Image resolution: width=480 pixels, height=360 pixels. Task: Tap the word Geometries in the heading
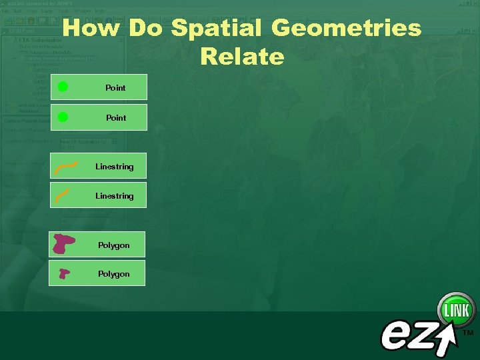[x=347, y=29]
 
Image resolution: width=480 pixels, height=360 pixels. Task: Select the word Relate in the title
[x=241, y=57]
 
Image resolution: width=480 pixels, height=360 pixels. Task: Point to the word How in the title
[x=91, y=29]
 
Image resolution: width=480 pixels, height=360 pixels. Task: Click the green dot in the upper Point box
[x=63, y=86]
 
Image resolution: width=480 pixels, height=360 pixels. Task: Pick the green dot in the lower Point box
[x=63, y=117]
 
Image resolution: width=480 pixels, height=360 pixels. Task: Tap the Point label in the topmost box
[x=115, y=88]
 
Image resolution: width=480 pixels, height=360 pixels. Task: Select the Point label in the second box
[x=116, y=118]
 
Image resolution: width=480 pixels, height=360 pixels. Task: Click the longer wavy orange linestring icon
[x=65, y=166]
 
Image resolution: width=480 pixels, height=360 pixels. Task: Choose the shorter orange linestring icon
[x=63, y=195]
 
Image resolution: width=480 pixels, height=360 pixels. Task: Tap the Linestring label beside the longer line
[x=114, y=167]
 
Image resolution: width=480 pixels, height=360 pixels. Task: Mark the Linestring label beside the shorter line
[x=114, y=196]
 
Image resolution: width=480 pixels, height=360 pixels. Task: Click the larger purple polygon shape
[x=64, y=244]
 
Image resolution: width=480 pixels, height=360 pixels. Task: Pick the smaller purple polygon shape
[x=64, y=273]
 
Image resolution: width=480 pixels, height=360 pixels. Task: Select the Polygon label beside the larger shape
[x=114, y=245]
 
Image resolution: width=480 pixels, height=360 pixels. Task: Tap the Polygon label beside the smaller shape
[x=114, y=274]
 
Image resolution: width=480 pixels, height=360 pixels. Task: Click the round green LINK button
[x=457, y=311]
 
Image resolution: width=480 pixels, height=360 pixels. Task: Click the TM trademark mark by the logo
[x=468, y=332]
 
